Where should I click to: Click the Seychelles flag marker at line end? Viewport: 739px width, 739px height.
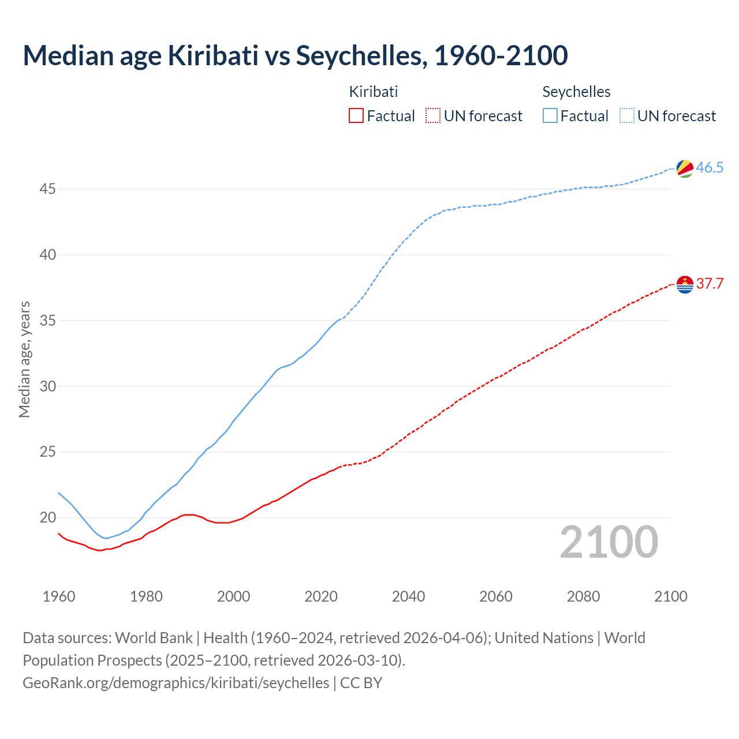[x=685, y=169]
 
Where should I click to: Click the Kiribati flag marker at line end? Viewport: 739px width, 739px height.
[x=685, y=285]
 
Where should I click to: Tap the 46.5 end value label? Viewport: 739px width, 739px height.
[x=710, y=168]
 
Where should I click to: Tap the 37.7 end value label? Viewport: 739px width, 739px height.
[x=710, y=284]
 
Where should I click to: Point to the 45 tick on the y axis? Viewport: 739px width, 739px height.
[x=48, y=189]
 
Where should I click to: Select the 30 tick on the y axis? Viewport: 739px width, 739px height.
[x=48, y=387]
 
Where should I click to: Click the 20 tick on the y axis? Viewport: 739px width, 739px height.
[x=48, y=518]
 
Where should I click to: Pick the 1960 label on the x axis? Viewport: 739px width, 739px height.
[x=59, y=596]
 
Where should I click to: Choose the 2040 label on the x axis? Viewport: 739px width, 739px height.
[x=408, y=596]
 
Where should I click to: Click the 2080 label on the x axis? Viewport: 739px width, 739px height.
[x=583, y=596]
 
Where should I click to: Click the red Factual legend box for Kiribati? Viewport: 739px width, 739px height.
[x=356, y=116]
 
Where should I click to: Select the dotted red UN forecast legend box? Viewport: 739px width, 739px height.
[x=433, y=116]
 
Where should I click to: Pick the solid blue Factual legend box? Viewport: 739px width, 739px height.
[x=550, y=116]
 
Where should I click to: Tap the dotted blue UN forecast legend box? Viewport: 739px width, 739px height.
[x=627, y=116]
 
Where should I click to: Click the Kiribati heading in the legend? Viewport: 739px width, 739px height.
[x=374, y=92]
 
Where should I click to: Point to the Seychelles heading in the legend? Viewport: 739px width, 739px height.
[x=576, y=92]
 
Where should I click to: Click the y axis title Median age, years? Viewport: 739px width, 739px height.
[x=24, y=359]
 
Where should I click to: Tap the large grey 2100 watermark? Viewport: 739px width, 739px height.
[x=609, y=542]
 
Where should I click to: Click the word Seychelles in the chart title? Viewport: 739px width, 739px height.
[x=361, y=55]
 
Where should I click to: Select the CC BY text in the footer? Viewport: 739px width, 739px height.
[x=361, y=683]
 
